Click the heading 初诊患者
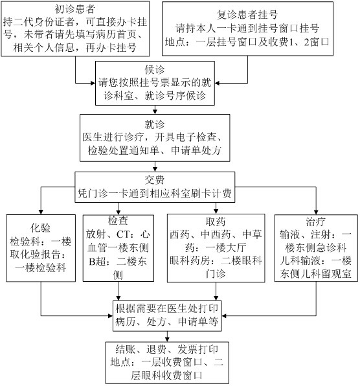[75, 9]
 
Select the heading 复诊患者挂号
[247, 14]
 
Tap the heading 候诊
[155, 70]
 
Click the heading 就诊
[155, 124]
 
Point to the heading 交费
[155, 179]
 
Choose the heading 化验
[41, 228]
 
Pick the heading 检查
[118, 220]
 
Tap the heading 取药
[216, 221]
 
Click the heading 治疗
[316, 221]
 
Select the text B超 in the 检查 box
[97, 261]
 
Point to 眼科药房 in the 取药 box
[190, 260]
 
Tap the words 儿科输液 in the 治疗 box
[300, 260]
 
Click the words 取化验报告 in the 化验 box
[35, 255]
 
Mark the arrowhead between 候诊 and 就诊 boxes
[155, 112]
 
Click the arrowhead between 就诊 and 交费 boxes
[155, 169]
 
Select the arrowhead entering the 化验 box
[41, 212]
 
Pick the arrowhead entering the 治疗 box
[316, 212]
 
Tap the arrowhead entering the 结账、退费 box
[167, 339]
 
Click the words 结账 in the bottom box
[126, 349]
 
